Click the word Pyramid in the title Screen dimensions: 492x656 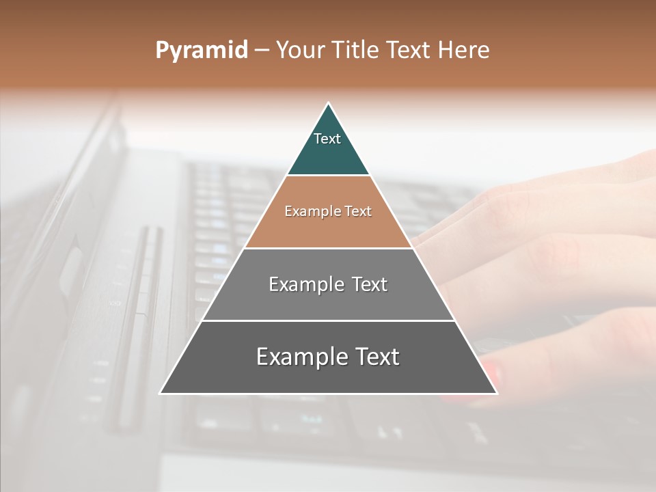(202, 51)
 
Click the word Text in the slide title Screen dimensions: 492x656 (409, 50)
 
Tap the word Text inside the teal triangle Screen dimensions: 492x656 (327, 139)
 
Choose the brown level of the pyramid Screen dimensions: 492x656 (328, 229)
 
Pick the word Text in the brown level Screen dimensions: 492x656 (358, 211)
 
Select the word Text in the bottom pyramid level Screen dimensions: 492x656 (375, 357)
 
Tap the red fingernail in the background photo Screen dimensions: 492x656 (491, 374)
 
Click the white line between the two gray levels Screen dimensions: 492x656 (328, 320)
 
